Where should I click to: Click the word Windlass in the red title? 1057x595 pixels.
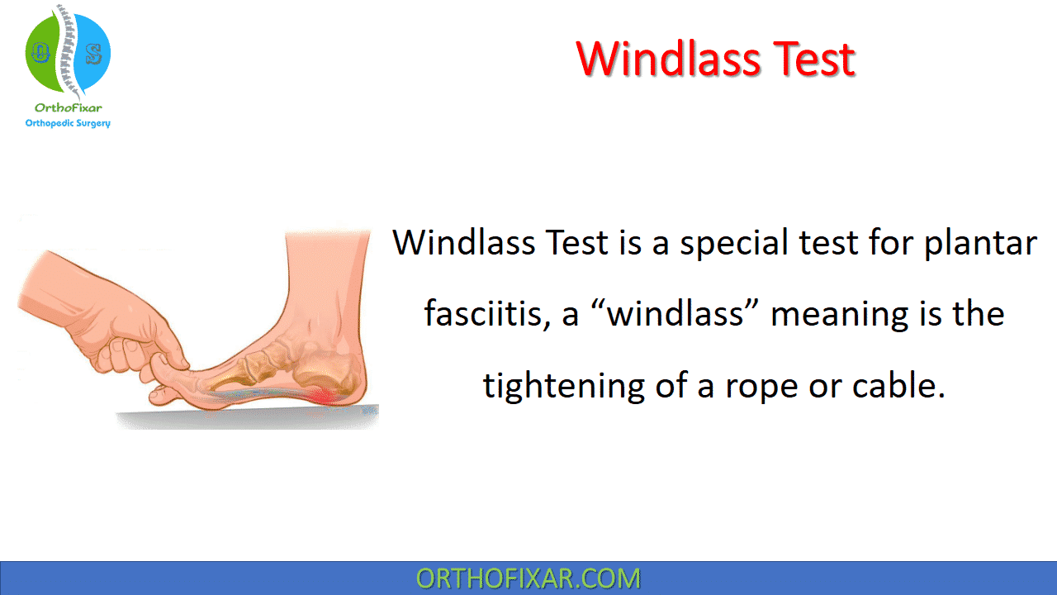(x=668, y=59)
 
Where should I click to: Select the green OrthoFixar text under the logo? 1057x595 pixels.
(x=68, y=107)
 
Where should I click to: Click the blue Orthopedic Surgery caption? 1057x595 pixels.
(x=68, y=123)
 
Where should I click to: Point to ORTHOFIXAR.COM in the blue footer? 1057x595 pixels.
(x=528, y=578)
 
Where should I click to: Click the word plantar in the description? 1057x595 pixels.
(x=980, y=244)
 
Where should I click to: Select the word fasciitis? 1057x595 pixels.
(x=487, y=313)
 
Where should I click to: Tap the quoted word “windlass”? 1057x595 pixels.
(x=674, y=313)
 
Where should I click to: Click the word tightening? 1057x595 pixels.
(x=563, y=386)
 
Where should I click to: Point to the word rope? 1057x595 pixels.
(x=761, y=389)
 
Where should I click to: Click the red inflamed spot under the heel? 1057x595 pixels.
(x=322, y=396)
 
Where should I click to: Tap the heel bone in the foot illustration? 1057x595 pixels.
(x=325, y=373)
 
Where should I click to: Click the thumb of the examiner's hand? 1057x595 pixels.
(x=170, y=350)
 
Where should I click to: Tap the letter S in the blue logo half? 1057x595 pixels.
(x=94, y=54)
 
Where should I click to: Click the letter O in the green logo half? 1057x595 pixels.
(x=40, y=52)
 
